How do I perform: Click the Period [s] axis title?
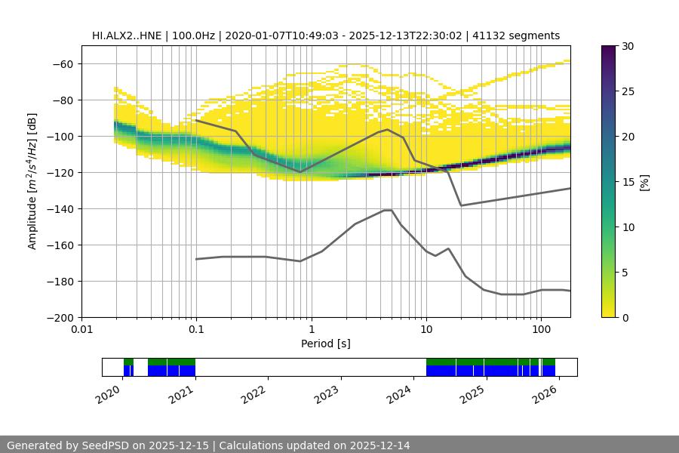[326, 344]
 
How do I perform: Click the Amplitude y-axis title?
[32, 181]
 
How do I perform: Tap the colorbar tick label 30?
[628, 46]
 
